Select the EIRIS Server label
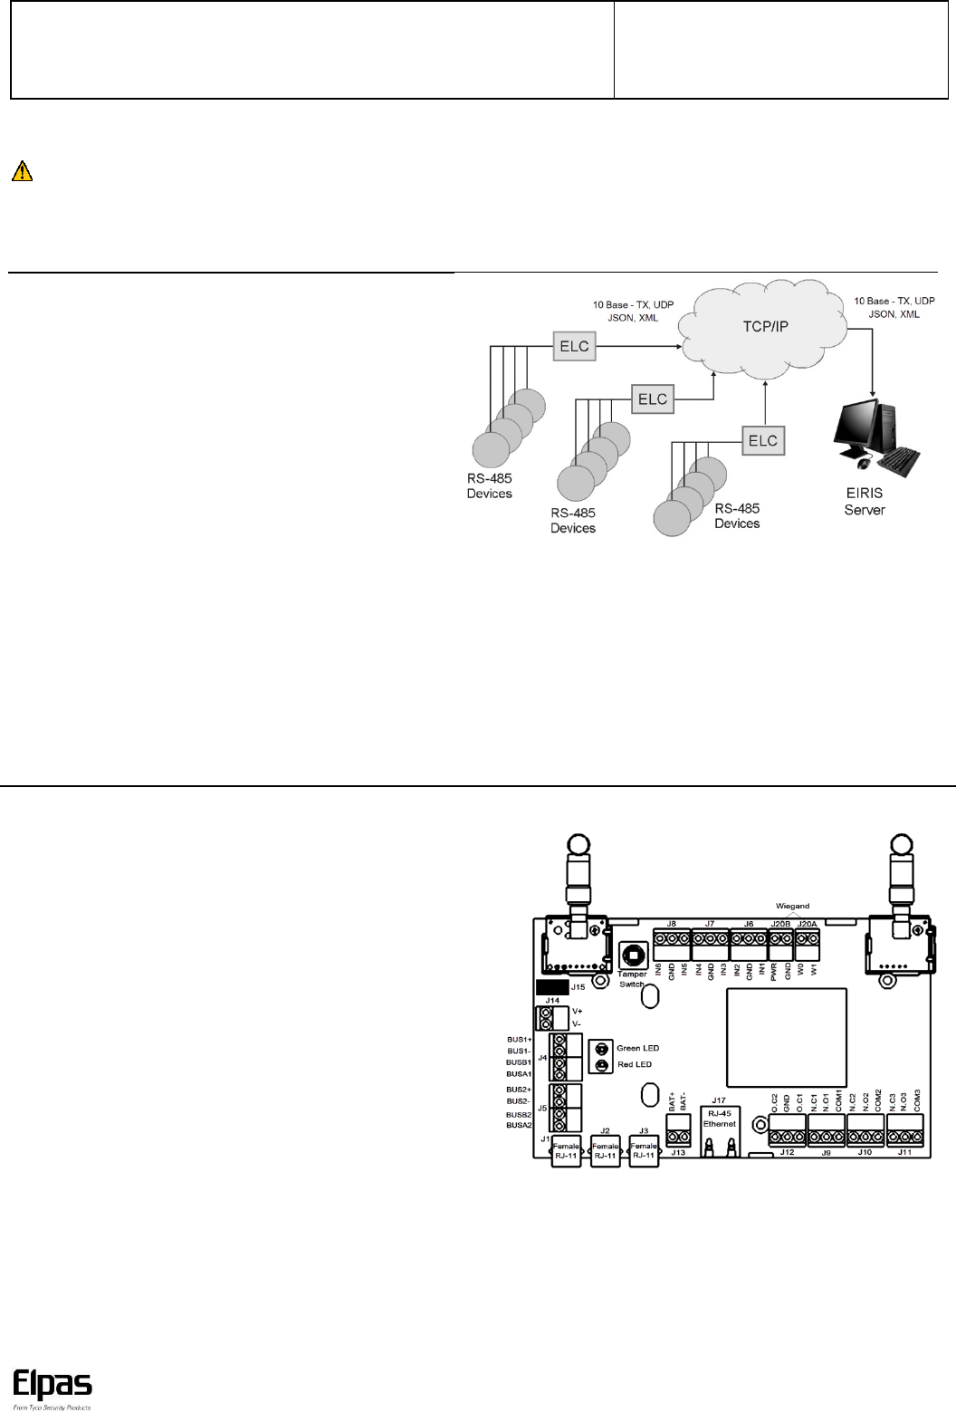click(865, 503)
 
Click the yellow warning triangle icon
click(22, 172)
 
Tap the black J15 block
click(551, 986)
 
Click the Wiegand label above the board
click(794, 906)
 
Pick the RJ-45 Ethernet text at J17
click(721, 1118)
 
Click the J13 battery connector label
click(678, 1153)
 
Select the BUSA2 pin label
click(518, 1125)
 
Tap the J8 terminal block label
click(671, 923)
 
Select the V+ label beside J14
click(578, 1011)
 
